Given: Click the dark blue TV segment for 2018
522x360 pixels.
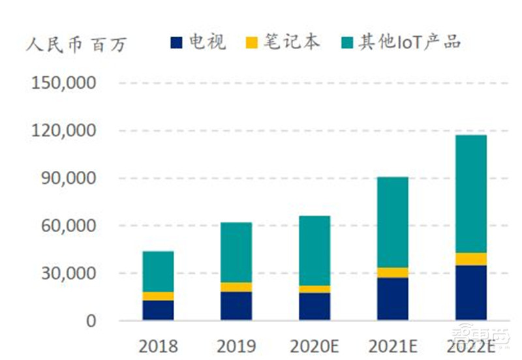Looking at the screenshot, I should coord(158,310).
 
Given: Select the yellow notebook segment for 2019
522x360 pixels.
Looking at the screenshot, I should coord(236,287).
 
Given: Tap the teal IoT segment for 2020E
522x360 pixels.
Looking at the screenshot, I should coord(314,250).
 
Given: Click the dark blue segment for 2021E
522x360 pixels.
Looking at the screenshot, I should coord(392,299).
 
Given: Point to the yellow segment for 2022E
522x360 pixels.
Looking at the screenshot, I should coord(470,259).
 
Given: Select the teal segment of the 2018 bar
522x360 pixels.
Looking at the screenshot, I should coord(158,271).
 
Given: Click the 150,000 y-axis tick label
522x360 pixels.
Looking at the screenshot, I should coord(64,83).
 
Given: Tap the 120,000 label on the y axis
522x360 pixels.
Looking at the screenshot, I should coord(64,131).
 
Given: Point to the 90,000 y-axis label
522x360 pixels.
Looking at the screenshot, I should coord(68,178).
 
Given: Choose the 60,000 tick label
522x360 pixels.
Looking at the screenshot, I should coord(68,226).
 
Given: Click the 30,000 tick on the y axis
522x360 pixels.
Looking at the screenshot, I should coord(68,273).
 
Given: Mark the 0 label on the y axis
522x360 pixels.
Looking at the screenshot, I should coord(91,321).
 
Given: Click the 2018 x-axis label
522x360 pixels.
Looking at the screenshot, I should coord(158,346).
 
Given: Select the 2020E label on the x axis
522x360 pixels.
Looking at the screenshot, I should coord(314,346).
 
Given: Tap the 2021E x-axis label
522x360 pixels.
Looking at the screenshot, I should coord(392,346).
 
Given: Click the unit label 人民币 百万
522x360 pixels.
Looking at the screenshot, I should coord(77,44).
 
